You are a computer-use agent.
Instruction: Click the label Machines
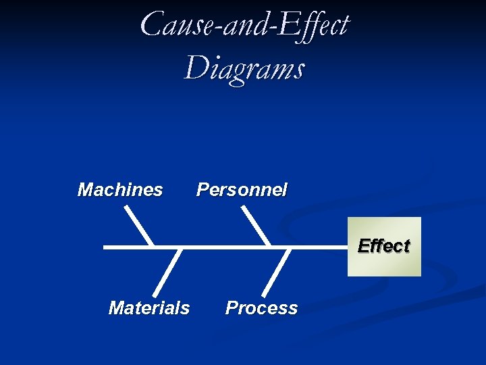(120, 190)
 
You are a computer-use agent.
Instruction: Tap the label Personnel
(242, 190)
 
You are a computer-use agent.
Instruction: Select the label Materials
(149, 308)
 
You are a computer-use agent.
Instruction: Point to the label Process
(261, 308)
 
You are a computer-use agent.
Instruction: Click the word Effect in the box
(384, 246)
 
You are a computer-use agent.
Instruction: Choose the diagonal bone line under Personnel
(256, 226)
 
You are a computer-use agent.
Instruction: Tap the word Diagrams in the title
(244, 68)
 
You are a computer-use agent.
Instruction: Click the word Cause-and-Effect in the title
(244, 26)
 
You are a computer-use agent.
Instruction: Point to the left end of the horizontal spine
(105, 247)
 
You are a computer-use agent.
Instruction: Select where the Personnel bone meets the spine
(269, 247)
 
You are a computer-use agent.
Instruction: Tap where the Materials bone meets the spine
(180, 248)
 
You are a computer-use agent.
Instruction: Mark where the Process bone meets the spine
(290, 248)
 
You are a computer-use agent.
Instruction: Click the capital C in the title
(152, 24)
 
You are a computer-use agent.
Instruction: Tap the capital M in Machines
(86, 190)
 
